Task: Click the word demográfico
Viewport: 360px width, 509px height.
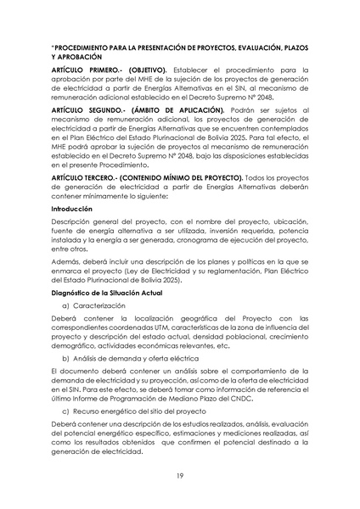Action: tap(76, 346)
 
